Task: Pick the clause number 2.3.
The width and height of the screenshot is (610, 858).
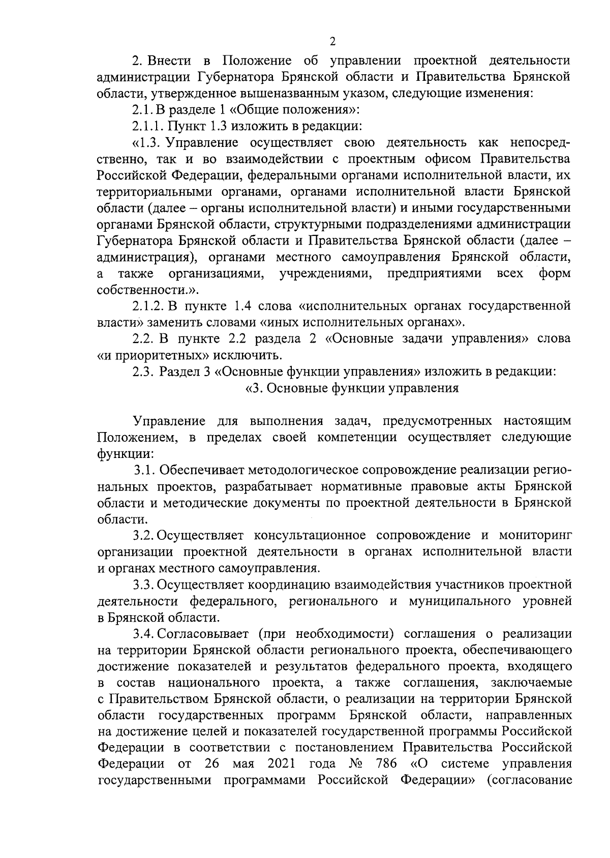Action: point(143,372)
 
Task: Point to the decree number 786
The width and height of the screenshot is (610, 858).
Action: point(386,763)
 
